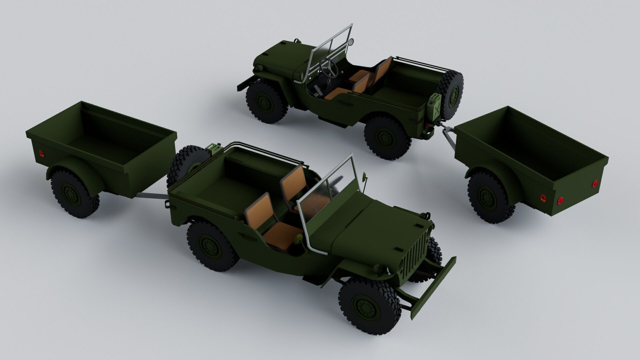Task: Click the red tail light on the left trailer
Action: click(x=41, y=153)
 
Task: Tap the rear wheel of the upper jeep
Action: click(x=387, y=137)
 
